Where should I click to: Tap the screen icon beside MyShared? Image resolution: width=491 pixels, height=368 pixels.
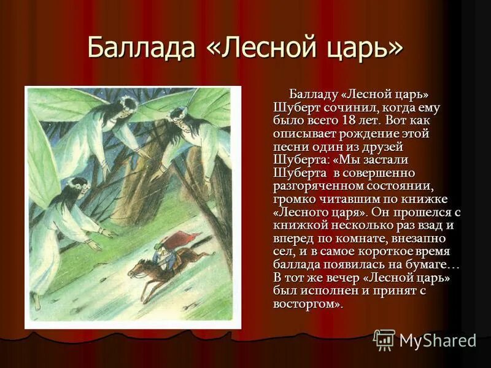click(384, 340)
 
